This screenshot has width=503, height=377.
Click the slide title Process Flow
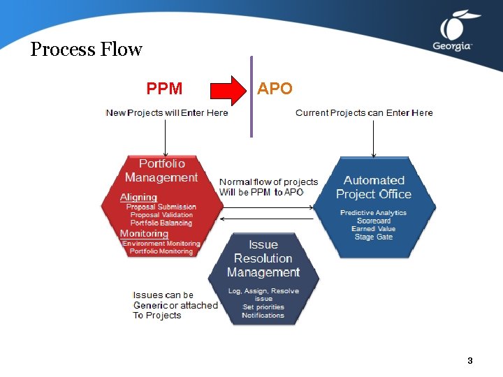86,50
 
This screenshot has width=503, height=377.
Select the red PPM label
164,89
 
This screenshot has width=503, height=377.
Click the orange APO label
275,89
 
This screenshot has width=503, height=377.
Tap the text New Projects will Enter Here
166,112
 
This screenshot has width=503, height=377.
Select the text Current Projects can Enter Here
364,112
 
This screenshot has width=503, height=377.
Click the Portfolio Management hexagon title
161,170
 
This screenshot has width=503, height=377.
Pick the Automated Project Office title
374,187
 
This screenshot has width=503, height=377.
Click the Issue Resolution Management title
263,258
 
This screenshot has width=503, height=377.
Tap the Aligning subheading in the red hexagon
138,197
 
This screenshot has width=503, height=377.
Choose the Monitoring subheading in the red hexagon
144,233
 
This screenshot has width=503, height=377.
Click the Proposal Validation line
161,215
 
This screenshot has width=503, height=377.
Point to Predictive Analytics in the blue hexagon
373,212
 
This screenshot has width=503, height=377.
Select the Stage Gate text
374,237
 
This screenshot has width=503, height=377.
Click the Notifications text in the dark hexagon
263,316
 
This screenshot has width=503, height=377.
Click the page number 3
470,361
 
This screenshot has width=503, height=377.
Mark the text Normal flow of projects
268,182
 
